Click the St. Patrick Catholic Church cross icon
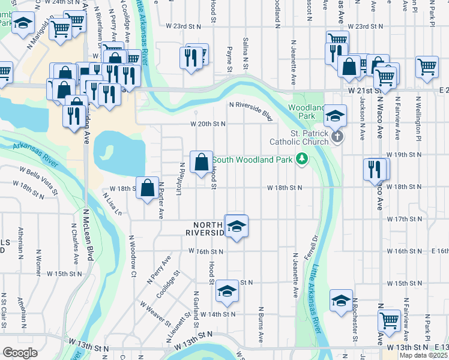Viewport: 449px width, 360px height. point(337,137)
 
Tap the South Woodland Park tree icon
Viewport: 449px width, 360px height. point(302,159)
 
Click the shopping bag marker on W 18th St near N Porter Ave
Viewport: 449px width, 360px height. point(147,188)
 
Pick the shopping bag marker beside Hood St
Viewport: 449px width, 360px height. point(202,162)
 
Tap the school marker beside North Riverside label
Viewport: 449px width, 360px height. point(237,226)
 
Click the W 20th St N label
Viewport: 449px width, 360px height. point(208,124)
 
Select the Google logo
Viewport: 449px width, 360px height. point(20,352)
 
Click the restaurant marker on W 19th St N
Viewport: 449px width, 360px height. point(376,169)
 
